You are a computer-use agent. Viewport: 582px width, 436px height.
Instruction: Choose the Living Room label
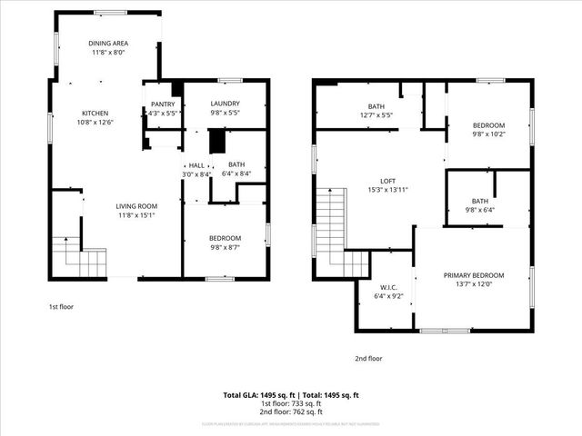click(135, 206)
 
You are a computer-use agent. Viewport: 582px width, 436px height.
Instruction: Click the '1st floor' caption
click(61, 307)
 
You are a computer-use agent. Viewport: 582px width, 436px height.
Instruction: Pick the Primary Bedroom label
click(473, 275)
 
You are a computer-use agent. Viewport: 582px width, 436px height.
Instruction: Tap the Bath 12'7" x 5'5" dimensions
click(376, 115)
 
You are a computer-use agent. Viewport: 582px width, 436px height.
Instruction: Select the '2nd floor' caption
click(368, 358)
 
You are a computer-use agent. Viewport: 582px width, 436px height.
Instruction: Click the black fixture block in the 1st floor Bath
click(216, 142)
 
